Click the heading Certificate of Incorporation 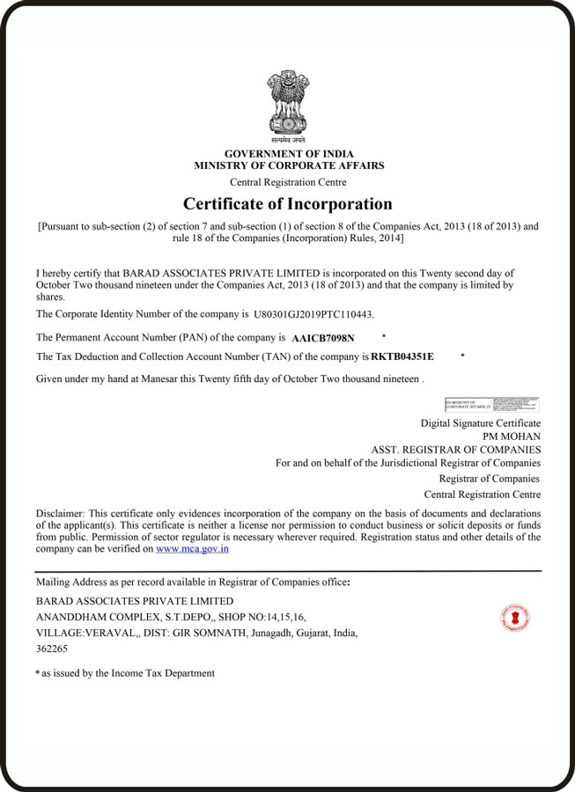click(288, 204)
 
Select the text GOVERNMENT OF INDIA click(289, 154)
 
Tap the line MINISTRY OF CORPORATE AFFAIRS click(289, 165)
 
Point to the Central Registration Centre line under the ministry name click(288, 182)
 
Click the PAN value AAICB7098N click(322, 338)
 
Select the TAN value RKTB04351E click(402, 356)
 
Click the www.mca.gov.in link click(193, 548)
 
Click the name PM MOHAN click(512, 436)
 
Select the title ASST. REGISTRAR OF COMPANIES click(456, 450)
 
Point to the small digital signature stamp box click(492, 405)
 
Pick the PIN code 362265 click(52, 649)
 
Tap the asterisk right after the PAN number click(384, 336)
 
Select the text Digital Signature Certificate click(481, 423)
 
